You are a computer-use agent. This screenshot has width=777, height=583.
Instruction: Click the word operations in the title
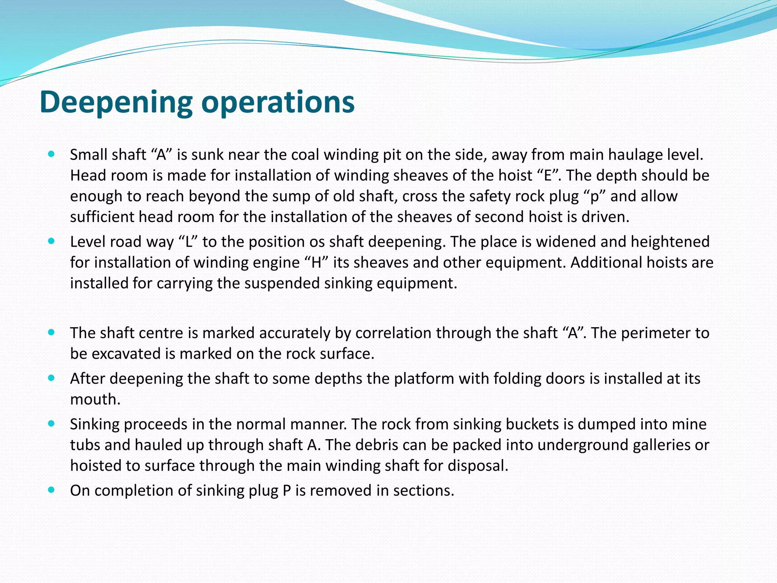278,102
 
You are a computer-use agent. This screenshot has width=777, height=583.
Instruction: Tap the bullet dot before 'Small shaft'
52,154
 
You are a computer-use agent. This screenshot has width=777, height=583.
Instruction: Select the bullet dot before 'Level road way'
52,241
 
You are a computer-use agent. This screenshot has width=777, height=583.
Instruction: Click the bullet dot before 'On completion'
52,490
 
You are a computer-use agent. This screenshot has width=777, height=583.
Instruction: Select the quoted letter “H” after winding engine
316,263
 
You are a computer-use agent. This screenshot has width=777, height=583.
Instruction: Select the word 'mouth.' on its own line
95,399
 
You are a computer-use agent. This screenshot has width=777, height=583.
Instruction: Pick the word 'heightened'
670,242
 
